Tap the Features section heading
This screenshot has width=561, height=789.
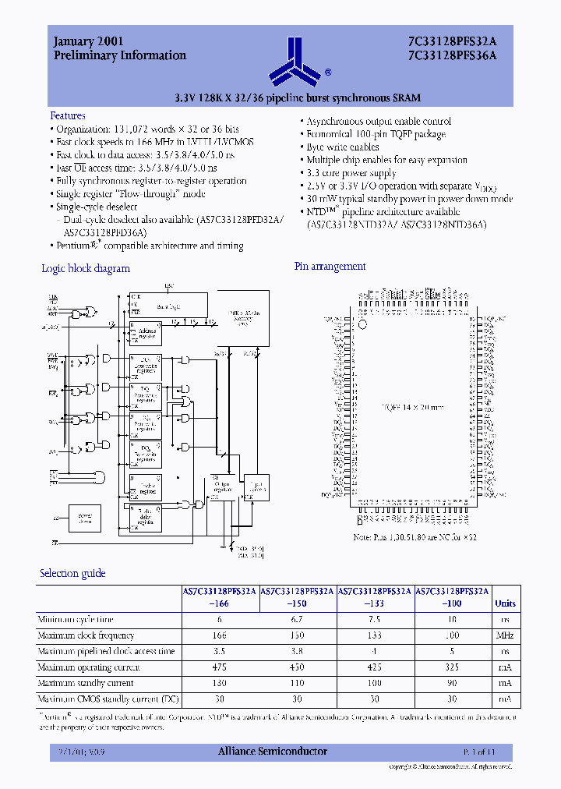click(x=68, y=115)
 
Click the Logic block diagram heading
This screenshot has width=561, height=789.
click(x=86, y=268)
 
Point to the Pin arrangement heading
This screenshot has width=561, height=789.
click(x=330, y=267)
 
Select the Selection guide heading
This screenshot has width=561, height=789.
click(x=72, y=573)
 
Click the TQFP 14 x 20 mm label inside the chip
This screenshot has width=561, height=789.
click(x=413, y=407)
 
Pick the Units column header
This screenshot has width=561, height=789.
click(x=505, y=603)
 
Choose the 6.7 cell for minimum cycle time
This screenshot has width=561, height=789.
click(x=298, y=619)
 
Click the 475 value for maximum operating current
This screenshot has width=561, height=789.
click(x=221, y=667)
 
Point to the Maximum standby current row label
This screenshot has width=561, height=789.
click(x=86, y=683)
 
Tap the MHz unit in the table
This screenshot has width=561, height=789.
click(x=505, y=635)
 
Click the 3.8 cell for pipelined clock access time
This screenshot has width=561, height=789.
click(x=298, y=651)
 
